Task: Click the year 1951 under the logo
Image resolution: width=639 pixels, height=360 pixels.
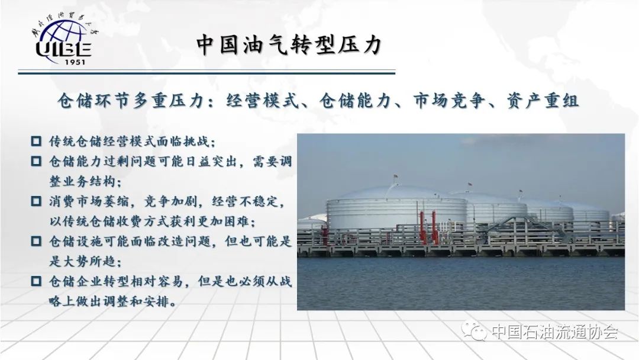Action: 75,62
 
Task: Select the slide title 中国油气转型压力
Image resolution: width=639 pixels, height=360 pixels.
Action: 289,44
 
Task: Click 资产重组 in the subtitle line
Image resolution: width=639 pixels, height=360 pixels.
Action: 543,100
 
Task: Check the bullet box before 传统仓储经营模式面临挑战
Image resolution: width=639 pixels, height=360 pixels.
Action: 36,141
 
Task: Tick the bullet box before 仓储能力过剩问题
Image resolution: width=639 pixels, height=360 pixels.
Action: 36,161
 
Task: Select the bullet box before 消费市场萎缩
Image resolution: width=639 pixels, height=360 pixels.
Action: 36,201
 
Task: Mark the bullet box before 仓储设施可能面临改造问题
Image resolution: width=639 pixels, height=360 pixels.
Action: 36,241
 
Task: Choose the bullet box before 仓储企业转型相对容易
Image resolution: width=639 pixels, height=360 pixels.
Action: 36,281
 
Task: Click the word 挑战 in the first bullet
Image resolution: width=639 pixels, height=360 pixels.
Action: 196,142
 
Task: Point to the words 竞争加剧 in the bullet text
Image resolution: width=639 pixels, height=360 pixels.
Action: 170,201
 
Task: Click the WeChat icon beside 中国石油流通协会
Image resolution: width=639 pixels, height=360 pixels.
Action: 474,330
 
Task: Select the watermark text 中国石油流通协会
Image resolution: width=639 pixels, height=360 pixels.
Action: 554,331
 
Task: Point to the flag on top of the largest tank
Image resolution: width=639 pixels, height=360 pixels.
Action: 395,178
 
